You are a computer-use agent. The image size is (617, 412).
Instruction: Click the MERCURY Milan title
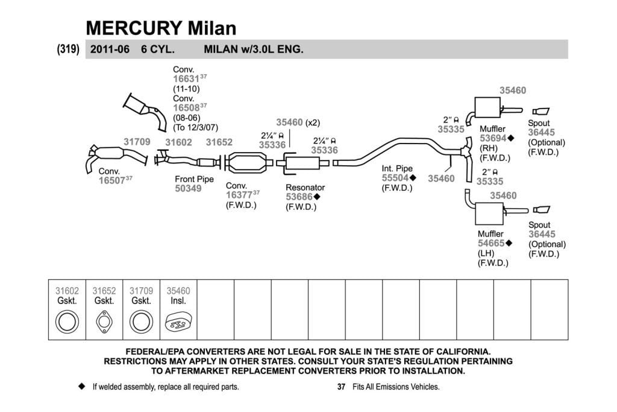[161, 28]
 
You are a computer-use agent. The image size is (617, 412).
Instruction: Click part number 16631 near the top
[186, 79]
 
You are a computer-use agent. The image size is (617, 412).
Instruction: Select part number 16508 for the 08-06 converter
[186, 108]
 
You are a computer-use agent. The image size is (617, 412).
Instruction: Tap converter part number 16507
[111, 180]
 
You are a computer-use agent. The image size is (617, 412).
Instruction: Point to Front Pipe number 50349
[188, 189]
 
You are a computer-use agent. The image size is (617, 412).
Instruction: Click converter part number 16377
[239, 195]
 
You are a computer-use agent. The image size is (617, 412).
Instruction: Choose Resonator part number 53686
[299, 197]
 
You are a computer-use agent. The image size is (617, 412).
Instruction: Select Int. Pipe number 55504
[395, 178]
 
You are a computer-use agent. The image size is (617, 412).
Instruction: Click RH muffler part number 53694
[493, 138]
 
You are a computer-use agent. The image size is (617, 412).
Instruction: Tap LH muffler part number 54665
[491, 244]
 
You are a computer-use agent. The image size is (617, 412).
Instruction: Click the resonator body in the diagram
[302, 163]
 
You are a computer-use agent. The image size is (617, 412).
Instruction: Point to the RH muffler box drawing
[487, 107]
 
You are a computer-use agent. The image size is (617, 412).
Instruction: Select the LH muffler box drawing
[489, 214]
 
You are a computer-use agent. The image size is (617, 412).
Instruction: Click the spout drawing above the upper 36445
[540, 112]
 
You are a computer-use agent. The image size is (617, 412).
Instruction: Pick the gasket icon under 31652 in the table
[104, 322]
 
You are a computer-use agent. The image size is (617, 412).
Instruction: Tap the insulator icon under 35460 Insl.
[178, 322]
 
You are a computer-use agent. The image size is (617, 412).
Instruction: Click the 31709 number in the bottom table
[141, 291]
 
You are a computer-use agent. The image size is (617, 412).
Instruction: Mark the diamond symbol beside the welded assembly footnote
[82, 387]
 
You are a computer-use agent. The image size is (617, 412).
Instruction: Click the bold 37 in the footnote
[341, 387]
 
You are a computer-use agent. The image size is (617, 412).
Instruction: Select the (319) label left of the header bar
[68, 49]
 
